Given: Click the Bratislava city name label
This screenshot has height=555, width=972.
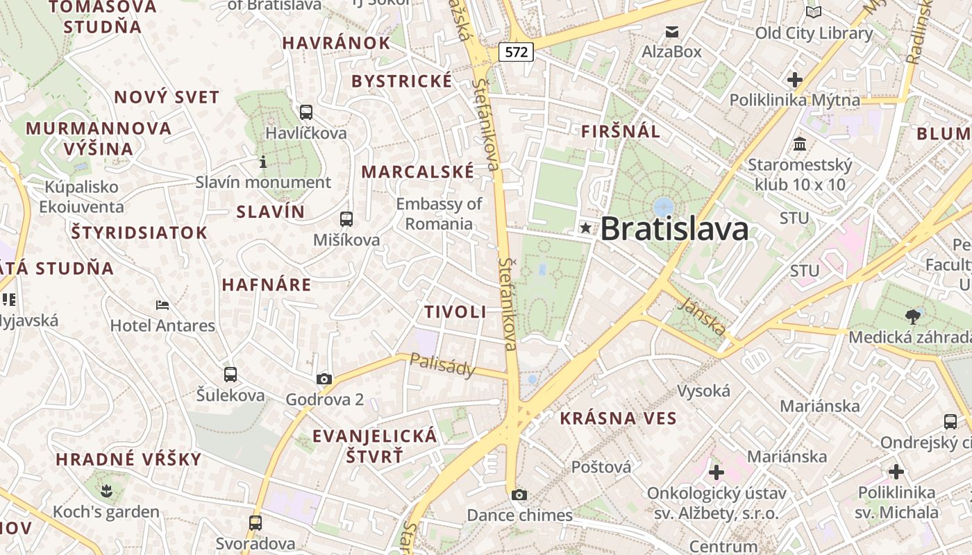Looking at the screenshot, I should tap(674, 229).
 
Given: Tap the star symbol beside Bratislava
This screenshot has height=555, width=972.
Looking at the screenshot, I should tap(586, 228).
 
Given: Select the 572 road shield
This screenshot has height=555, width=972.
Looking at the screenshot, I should tap(517, 51).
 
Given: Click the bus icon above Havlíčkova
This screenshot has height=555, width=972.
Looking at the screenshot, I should tap(305, 112).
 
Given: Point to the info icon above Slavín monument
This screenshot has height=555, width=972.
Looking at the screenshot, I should tap(263, 162).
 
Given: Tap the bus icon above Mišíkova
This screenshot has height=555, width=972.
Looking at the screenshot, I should tap(346, 219).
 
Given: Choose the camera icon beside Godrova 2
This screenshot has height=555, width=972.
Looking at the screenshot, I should tap(324, 379).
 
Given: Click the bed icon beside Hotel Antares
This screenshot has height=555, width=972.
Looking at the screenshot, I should tap(162, 305).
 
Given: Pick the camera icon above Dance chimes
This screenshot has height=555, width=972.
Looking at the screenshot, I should tap(519, 495).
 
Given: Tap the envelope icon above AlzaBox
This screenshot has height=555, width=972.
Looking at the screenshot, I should tap(671, 32).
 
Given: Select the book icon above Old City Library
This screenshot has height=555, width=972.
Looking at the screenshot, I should tap(814, 12).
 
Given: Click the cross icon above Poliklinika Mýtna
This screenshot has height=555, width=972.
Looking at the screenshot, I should tap(795, 80).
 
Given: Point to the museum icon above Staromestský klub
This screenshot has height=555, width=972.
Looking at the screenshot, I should tap(800, 144).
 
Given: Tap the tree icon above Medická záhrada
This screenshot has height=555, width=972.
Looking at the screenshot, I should tap(913, 317).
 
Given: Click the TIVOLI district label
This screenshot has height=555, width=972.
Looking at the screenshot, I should tap(455, 312).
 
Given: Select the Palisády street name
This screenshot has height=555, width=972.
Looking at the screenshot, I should tap(442, 365).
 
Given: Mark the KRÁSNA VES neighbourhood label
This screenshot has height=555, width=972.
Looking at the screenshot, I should tap(618, 418).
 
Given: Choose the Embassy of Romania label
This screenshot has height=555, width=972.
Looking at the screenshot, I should tap(439, 214).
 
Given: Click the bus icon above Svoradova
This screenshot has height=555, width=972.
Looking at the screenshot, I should tap(255, 522).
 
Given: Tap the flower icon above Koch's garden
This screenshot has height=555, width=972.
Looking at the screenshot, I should tap(106, 492).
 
